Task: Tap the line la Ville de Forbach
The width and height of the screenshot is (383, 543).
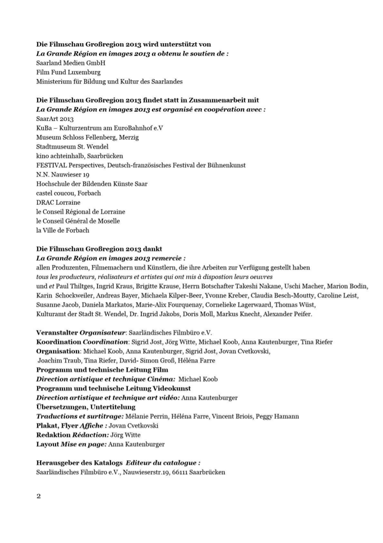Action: [63, 229]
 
